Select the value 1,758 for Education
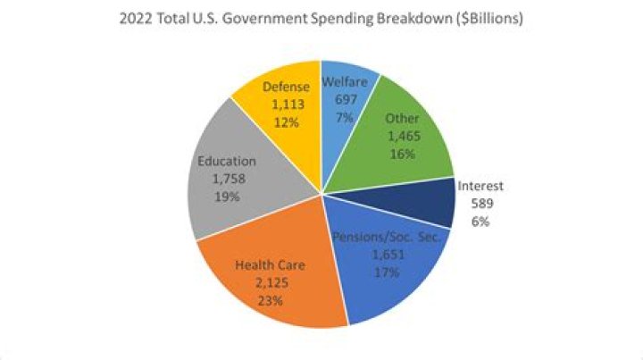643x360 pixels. (228, 179)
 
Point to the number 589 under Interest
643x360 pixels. (480, 204)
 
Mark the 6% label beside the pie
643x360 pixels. (480, 222)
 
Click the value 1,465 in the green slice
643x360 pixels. (402, 136)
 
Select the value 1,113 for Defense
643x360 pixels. (287, 104)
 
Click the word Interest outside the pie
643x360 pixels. (480, 187)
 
